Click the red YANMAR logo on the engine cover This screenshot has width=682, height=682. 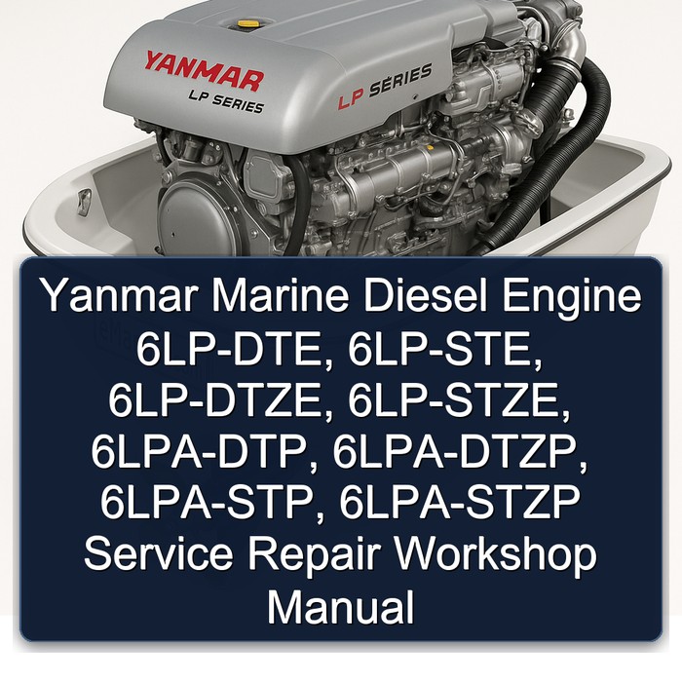204,72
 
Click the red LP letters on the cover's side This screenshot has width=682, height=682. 350,100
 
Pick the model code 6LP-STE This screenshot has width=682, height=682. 445,350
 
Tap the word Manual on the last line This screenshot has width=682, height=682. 341,605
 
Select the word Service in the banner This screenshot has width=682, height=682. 158,553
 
